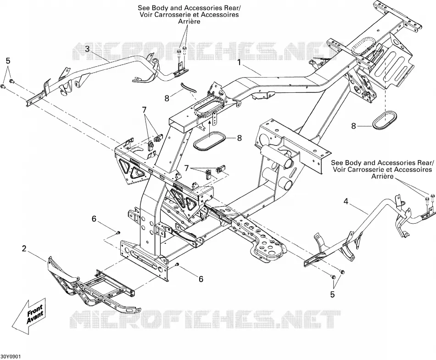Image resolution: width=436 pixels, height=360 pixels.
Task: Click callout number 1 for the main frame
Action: pyautogui.click(x=239, y=62)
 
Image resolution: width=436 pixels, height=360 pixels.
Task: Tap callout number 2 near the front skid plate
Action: pyautogui.click(x=24, y=248)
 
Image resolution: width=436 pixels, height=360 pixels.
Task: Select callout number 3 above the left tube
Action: pyautogui.click(x=87, y=49)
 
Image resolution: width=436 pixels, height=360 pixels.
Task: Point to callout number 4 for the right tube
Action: pyautogui.click(x=346, y=201)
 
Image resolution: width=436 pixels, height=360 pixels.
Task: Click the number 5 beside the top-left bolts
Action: pyautogui.click(x=8, y=61)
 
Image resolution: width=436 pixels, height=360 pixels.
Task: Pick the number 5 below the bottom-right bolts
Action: pyautogui.click(x=333, y=294)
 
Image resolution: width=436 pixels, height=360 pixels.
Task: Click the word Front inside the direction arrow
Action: pyautogui.click(x=34, y=309)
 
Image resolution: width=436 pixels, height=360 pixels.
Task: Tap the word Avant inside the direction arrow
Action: pyautogui.click(x=35, y=317)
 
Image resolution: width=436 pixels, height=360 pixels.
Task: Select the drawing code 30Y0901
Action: pyautogui.click(x=10, y=357)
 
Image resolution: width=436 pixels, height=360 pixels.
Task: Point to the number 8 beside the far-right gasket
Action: pyautogui.click(x=353, y=126)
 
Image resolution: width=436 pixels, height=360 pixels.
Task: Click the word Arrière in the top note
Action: pyautogui.click(x=189, y=22)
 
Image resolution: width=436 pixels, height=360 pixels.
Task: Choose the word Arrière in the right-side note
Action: pyautogui.click(x=382, y=176)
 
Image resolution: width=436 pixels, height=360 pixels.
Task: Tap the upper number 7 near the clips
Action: pyautogui.click(x=144, y=110)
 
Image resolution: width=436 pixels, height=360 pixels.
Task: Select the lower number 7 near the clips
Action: pyautogui.click(x=187, y=168)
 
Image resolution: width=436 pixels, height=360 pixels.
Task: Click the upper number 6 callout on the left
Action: pyautogui.click(x=94, y=219)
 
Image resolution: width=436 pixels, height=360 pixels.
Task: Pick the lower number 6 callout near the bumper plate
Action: pyautogui.click(x=201, y=279)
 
